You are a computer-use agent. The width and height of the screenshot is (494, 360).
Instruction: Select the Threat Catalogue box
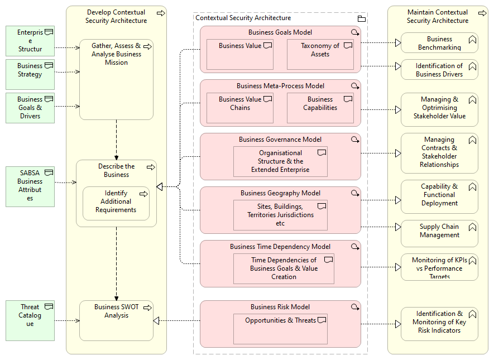click(x=30, y=320)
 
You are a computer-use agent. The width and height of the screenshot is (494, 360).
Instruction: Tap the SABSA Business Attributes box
click(x=30, y=186)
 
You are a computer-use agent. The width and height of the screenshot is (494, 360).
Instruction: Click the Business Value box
click(x=239, y=54)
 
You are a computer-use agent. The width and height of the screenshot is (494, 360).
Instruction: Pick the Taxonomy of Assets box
click(x=320, y=54)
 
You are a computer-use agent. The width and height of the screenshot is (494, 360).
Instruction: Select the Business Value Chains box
click(x=239, y=108)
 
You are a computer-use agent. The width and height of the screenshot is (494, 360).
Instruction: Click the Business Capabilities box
click(x=320, y=108)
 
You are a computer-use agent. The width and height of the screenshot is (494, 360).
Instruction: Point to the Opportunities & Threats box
click(x=280, y=329)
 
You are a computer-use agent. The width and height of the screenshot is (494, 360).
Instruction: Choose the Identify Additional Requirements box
click(x=116, y=203)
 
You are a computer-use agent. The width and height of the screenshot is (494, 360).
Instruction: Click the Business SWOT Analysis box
click(x=116, y=320)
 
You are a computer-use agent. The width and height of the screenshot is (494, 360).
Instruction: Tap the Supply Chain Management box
click(x=439, y=234)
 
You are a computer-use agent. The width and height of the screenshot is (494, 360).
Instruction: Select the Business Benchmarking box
click(x=439, y=43)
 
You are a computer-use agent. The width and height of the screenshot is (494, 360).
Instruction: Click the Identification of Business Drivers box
click(x=439, y=70)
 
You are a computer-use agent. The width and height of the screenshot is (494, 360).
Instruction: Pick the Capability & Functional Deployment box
click(x=439, y=197)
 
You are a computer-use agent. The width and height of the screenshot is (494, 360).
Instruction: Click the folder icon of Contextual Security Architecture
click(x=361, y=18)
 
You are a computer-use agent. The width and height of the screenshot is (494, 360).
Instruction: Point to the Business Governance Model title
click(x=280, y=140)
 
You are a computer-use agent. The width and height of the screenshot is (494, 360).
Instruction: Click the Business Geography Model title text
click(x=280, y=193)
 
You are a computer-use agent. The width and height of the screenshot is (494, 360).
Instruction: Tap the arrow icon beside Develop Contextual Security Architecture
click(x=161, y=13)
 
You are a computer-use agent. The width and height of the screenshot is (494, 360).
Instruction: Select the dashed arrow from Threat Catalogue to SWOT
click(x=67, y=320)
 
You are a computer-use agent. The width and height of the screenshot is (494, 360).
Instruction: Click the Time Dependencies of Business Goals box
click(x=284, y=269)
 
